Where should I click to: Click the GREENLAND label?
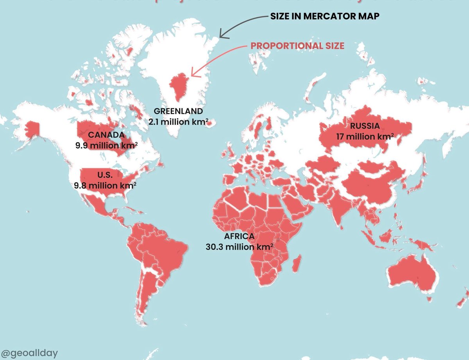[x=179, y=110]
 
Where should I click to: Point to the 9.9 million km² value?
[x=106, y=146]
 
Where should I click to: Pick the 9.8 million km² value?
[x=105, y=185]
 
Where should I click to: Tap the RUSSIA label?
[x=365, y=126]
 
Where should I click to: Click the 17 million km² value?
[x=365, y=137]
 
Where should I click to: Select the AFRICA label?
[x=239, y=236]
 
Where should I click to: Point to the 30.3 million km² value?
[x=239, y=247]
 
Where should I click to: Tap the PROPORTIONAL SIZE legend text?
[x=297, y=46]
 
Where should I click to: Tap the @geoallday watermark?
[x=29, y=353]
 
